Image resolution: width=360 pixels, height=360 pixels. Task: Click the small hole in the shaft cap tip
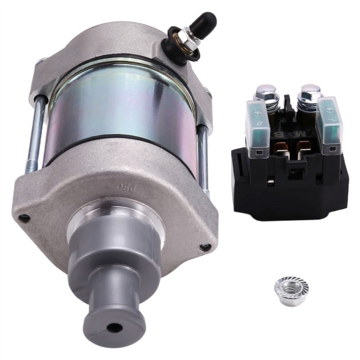[x=114, y=327]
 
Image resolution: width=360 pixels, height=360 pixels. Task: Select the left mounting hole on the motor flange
[x=24, y=218]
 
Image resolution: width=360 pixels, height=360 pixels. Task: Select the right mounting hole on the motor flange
[x=205, y=247]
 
